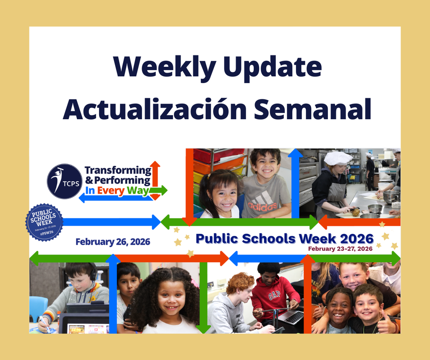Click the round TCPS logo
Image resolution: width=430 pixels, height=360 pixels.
(65, 181)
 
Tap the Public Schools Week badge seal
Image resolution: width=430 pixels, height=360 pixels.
(44, 222)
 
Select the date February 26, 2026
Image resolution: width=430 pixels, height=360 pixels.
(113, 242)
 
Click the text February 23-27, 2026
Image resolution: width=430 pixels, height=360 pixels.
(340, 248)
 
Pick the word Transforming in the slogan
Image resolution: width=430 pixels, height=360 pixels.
(118, 170)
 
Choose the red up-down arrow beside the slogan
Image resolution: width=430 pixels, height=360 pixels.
(155, 180)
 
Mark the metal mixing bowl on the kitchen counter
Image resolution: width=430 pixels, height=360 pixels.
(375, 209)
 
